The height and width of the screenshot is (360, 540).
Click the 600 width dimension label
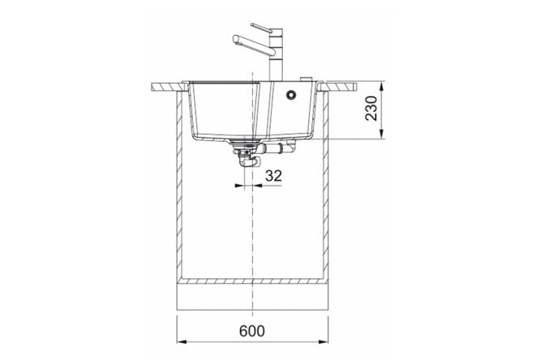point(252,331)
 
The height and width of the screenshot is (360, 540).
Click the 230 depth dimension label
point(371,108)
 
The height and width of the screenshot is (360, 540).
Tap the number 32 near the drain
point(274,176)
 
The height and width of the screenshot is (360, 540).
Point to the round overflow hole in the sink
point(291,94)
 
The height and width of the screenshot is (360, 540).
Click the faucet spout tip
point(236,40)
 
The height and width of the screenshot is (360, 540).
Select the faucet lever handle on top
point(263,28)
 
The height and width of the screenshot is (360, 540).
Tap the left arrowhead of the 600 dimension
point(182,341)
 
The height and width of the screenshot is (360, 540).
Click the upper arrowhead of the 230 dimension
point(381,87)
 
